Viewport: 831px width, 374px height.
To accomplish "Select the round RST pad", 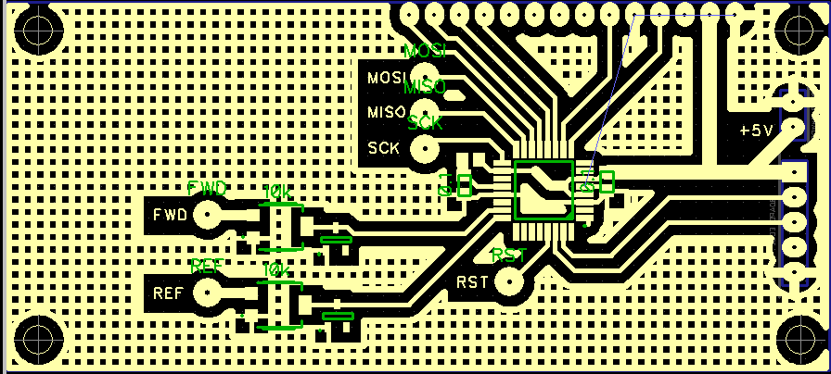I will tap(508, 280).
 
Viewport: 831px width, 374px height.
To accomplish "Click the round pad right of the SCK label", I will tap(425, 146).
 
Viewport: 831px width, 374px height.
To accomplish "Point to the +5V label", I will tap(756, 131).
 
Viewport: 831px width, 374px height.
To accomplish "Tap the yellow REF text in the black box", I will tap(168, 294).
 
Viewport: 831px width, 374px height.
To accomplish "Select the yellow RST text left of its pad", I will tap(472, 281).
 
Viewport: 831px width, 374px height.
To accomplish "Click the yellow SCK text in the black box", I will tap(384, 147).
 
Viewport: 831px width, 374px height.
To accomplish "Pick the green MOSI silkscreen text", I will tap(426, 50).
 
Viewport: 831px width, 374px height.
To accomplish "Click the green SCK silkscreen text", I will tap(425, 121).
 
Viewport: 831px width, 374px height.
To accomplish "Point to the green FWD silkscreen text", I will tap(207, 189).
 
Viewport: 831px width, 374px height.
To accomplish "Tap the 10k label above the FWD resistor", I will tap(278, 192).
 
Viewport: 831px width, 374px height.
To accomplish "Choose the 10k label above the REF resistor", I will tap(276, 269).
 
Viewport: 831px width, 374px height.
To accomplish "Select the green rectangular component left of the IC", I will tap(464, 186).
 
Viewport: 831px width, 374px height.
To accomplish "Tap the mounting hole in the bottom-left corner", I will tap(39, 338).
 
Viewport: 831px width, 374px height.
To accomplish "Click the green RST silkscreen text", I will tap(509, 255).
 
